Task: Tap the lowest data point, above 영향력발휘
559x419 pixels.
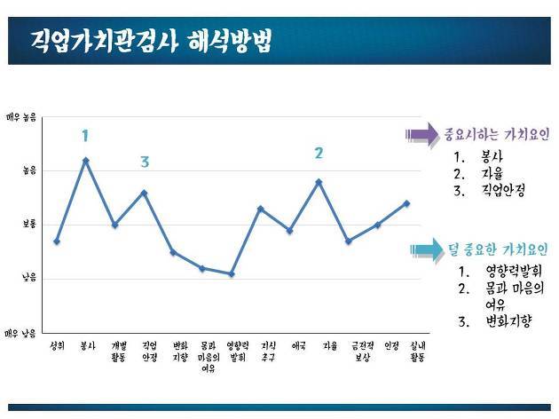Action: [232, 274]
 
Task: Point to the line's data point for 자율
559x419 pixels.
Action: [319, 181]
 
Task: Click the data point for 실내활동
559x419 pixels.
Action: [406, 203]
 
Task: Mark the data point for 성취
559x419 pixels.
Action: [57, 241]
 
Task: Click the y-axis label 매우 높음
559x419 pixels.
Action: [21, 116]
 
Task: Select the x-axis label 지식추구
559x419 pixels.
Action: [269, 351]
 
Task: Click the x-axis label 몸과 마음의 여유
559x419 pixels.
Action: [209, 356]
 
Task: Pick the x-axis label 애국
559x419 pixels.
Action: [298, 346]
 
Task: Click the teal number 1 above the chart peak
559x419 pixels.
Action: [85, 136]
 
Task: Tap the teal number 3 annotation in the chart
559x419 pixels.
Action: [145, 162]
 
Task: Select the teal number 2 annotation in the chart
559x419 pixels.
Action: [319, 153]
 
